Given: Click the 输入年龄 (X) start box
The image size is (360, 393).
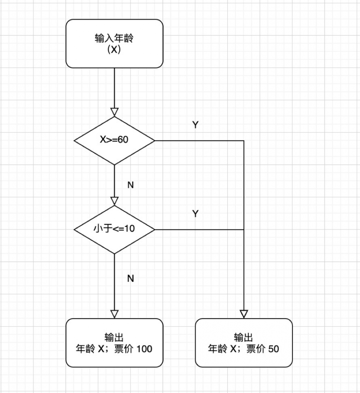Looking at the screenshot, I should coord(114,44).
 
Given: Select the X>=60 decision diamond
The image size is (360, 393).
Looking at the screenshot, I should coord(114,140).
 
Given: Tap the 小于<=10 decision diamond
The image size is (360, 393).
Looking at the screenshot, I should coord(114,230).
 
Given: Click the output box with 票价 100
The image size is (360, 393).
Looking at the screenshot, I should coord(114,343).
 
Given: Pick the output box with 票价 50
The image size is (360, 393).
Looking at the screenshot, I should coord(244,343).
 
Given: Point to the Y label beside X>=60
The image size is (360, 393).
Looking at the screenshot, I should coord(195,125).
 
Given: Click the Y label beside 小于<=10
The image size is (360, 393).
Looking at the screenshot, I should coord(195,214).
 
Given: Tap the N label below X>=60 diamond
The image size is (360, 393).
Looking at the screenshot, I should coord(131,185).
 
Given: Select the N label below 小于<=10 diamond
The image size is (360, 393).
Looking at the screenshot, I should coord(131,279).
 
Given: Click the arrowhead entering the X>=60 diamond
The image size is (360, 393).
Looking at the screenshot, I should coord(114,112).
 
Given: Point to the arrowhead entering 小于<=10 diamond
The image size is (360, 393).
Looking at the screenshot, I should coord(114,201).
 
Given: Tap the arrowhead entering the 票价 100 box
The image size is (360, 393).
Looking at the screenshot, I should coord(114,314).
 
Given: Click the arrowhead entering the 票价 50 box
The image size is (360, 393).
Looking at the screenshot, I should coord(244,314).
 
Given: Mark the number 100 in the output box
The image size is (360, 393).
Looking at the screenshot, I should coord(144,349).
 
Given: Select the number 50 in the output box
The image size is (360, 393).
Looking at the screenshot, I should coord(274,349).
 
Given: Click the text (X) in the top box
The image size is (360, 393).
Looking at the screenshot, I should coord(114,50).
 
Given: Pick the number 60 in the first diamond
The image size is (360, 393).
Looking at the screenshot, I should coord(123,140).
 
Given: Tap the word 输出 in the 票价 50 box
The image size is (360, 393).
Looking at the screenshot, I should coord(244,338).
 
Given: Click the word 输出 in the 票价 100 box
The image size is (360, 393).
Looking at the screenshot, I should coord(114,338).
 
